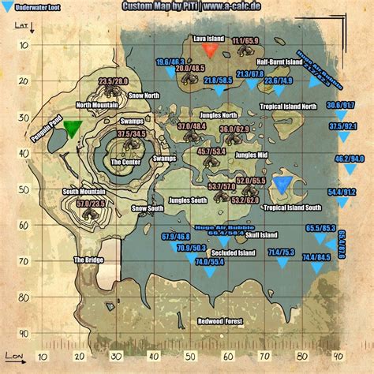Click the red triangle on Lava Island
(210, 50)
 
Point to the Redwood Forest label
(220, 321)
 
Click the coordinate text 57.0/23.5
(92, 204)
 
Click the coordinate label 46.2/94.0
(350, 159)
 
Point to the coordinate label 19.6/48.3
(170, 62)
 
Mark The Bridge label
(88, 260)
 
